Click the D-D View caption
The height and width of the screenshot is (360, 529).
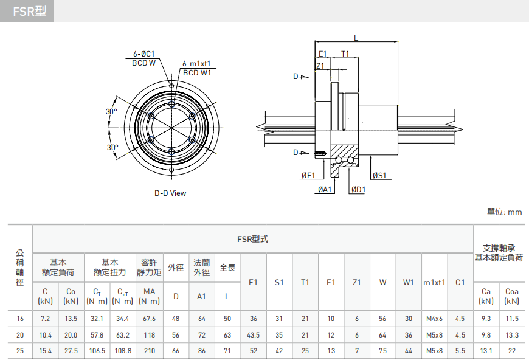tap(170, 193)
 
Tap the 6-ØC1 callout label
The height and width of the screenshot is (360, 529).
tap(143, 54)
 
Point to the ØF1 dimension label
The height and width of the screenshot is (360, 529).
tap(308, 176)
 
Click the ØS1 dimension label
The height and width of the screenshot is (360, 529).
tap(379, 176)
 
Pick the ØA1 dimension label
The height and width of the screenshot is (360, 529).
tap(325, 190)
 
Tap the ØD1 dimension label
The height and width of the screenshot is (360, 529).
tap(358, 190)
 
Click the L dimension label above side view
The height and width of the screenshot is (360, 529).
tap(356, 38)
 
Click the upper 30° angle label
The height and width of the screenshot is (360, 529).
tap(111, 112)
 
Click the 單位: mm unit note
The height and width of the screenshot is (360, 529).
tap(504, 212)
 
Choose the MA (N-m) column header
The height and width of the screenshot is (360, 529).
tap(149, 296)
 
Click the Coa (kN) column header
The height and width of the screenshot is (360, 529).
tap(512, 296)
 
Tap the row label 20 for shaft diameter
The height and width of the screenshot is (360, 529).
tap(20, 335)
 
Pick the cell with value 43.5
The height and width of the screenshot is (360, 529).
tap(254, 335)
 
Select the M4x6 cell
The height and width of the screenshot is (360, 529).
tap(434, 319)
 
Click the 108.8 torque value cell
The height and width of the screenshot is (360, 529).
tap(123, 351)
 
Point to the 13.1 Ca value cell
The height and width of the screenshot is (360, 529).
tap(486, 351)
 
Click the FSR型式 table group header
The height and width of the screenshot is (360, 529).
tap(252, 239)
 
